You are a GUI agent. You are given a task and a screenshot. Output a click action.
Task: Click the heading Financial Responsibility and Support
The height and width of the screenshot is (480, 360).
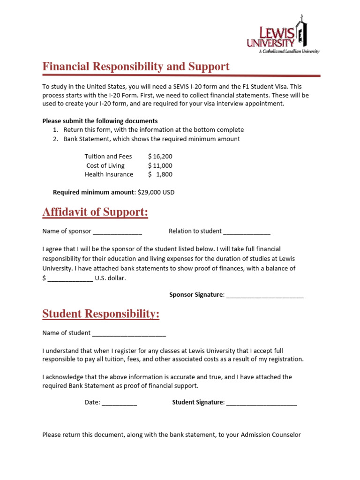(x=136, y=67)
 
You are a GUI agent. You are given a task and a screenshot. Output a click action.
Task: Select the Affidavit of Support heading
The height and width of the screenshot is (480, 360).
(x=95, y=212)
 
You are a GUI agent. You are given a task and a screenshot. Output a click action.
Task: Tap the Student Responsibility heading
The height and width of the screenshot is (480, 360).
(x=101, y=314)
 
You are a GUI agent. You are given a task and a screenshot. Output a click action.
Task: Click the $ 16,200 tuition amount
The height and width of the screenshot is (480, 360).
(x=160, y=157)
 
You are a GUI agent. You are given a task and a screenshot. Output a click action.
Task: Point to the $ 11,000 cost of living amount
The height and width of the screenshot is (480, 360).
(x=160, y=165)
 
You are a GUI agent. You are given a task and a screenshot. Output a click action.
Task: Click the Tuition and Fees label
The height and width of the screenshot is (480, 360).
(x=108, y=157)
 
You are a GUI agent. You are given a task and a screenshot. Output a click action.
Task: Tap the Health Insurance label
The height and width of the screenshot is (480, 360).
(x=109, y=174)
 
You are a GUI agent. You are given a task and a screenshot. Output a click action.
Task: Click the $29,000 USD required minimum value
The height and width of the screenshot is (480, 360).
(x=156, y=192)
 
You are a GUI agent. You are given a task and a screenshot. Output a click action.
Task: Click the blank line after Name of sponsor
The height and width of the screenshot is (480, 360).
(x=117, y=232)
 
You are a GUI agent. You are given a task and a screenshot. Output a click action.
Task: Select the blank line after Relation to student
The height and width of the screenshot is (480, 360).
(x=247, y=232)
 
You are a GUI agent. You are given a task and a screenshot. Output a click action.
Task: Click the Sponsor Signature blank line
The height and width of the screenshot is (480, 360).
(x=265, y=296)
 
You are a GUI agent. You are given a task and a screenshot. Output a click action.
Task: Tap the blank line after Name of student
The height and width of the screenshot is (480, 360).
(x=129, y=334)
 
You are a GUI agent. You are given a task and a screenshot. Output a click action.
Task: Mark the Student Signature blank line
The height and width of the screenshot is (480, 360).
(x=262, y=403)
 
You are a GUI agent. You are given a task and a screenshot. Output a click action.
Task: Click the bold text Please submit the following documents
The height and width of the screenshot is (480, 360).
(x=100, y=121)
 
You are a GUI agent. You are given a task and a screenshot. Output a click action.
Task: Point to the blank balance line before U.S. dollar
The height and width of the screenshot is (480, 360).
(x=70, y=279)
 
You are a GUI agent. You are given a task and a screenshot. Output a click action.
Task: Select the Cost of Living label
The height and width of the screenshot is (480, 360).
(x=105, y=165)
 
